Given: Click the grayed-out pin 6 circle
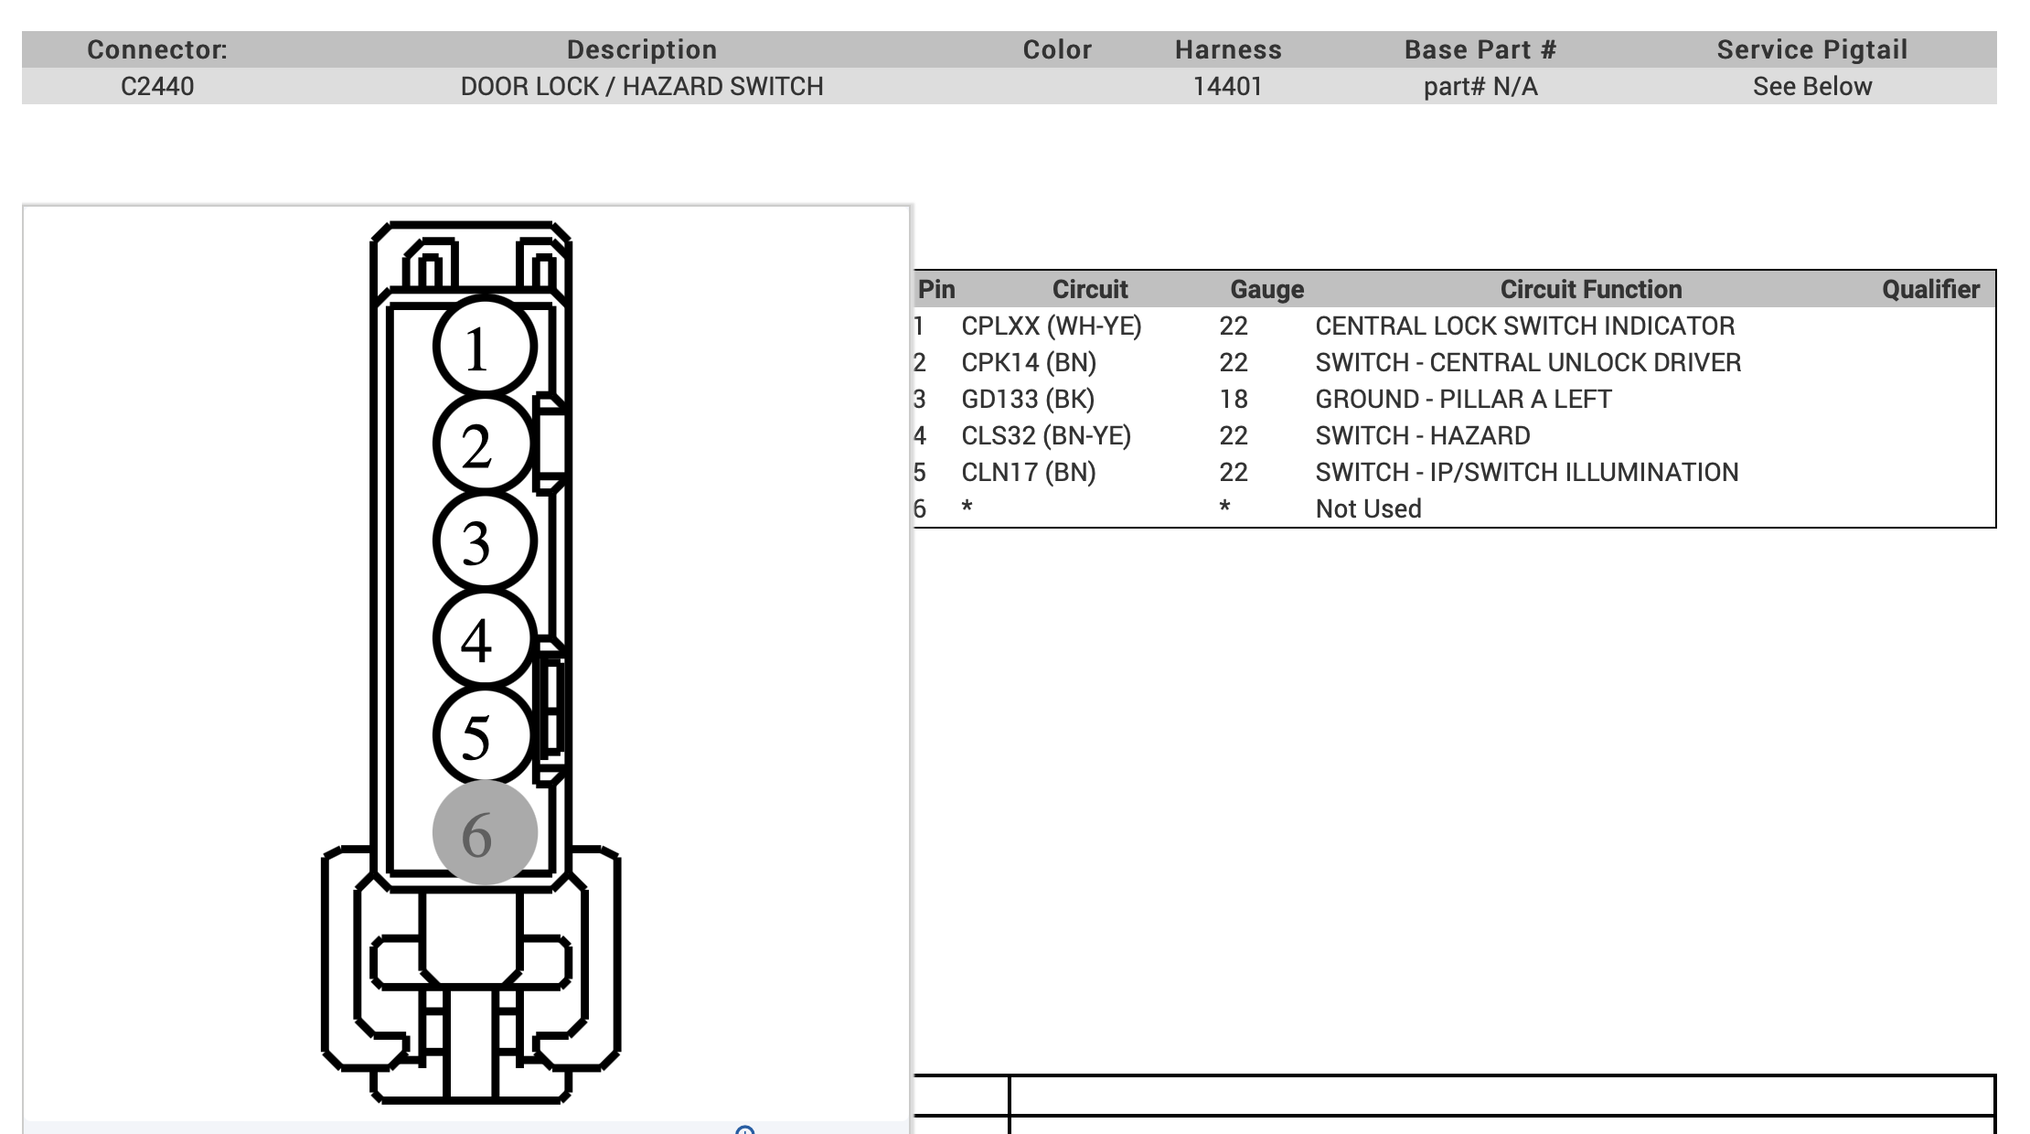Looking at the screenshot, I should point(484,832).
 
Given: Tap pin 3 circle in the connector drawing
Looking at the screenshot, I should point(484,541).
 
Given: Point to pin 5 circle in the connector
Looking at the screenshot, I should point(484,735).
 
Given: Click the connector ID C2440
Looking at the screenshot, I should point(157,87).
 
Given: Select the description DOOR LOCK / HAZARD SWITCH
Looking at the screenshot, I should point(642,87).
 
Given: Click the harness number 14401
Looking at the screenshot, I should point(1228,87).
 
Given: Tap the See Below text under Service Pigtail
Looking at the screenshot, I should point(1812,87).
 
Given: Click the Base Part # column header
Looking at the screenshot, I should point(1480,49).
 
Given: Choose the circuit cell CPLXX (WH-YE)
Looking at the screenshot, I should point(1052,326).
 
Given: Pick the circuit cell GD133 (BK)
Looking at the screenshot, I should point(1028,400).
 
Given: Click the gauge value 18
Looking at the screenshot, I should point(1234,400).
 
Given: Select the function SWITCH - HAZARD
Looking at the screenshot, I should point(1423,436).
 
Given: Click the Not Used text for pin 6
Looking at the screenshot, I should point(1368,509).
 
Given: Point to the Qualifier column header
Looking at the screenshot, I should point(1930,290).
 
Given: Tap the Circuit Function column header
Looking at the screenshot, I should point(1591,290).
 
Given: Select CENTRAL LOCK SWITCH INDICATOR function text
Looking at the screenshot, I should point(1525,326).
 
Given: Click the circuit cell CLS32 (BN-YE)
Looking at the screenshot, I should point(1046,436).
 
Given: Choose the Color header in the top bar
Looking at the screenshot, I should point(1057,49).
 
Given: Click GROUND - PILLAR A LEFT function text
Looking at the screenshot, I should point(1463,400).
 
